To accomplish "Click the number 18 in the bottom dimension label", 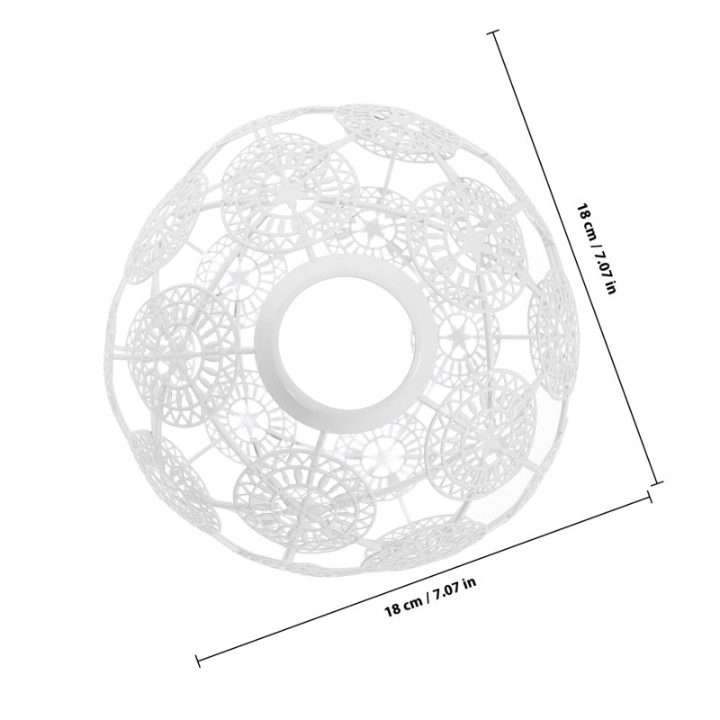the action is tap(392, 610).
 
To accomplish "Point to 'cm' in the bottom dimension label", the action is tap(413, 602).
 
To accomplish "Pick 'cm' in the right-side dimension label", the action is tap(590, 232).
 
